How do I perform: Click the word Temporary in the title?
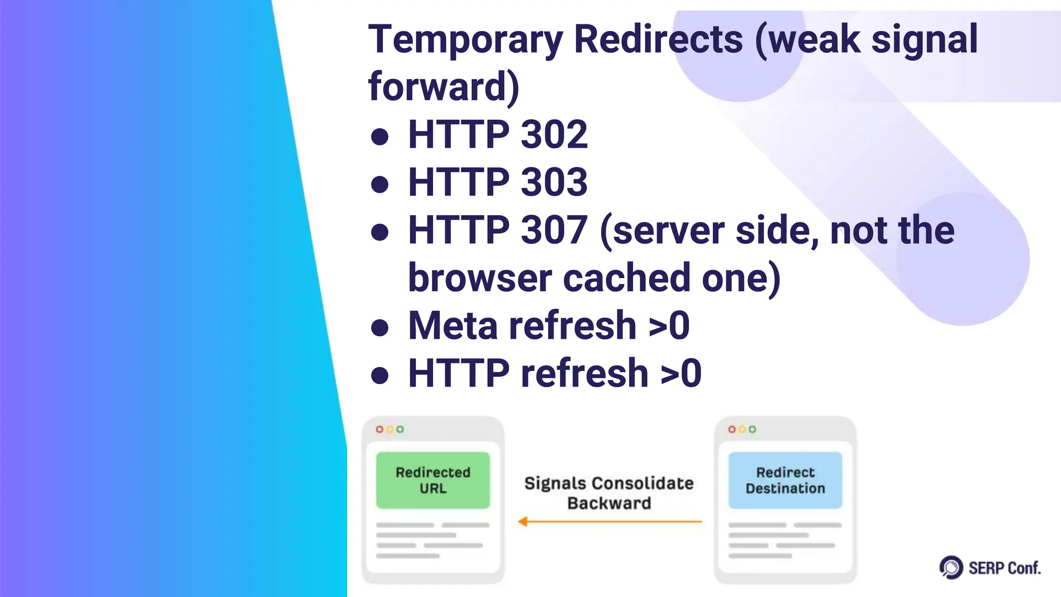tap(465, 40)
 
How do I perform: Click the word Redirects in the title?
tap(658, 39)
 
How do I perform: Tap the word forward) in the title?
tap(443, 86)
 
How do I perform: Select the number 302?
tap(554, 134)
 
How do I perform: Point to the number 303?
tap(554, 182)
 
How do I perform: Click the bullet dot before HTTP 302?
tap(380, 137)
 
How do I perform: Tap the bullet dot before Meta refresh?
tap(380, 328)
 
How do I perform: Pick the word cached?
tap(626, 278)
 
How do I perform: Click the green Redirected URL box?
tap(433, 480)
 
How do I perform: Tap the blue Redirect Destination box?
tap(785, 480)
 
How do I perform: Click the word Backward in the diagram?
tap(609, 503)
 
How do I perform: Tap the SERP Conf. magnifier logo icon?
tap(951, 567)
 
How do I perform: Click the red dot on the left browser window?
tap(380, 429)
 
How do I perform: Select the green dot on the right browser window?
tap(752, 429)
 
